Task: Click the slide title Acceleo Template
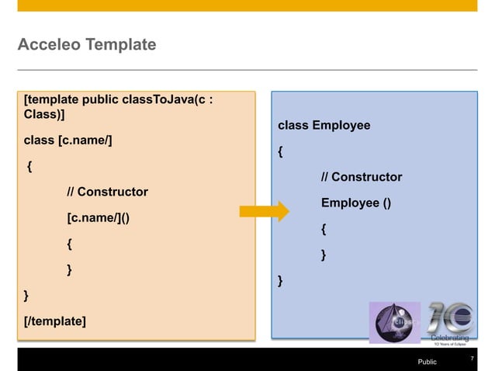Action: point(86,46)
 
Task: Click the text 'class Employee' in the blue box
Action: point(324,125)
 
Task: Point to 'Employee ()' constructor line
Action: point(356,203)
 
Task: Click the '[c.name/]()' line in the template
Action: point(99,217)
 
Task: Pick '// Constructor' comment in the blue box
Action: point(362,177)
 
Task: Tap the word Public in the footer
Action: point(427,362)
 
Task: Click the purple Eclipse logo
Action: point(394,322)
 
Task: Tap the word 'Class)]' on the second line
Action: point(44,115)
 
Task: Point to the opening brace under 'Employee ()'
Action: point(324,230)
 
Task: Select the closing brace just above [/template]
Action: point(27,295)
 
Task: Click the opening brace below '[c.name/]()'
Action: point(70,244)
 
